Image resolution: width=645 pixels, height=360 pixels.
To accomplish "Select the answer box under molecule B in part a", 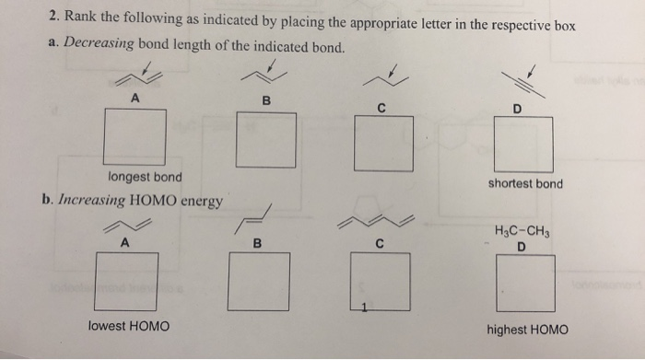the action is tap(266, 141).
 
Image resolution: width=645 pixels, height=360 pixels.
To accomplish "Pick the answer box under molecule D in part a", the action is tap(524, 145).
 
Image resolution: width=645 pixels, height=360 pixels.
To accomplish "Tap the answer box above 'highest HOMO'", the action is tap(526, 283).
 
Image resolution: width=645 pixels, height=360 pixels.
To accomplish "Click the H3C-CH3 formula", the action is tap(522, 230).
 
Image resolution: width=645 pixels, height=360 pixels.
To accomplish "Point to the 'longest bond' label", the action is tap(145, 177).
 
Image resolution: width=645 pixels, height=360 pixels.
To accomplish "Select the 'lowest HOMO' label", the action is tap(129, 326).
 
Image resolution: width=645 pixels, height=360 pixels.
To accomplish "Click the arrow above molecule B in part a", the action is tap(274, 66).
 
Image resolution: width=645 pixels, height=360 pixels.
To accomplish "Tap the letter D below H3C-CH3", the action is tap(522, 246).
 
